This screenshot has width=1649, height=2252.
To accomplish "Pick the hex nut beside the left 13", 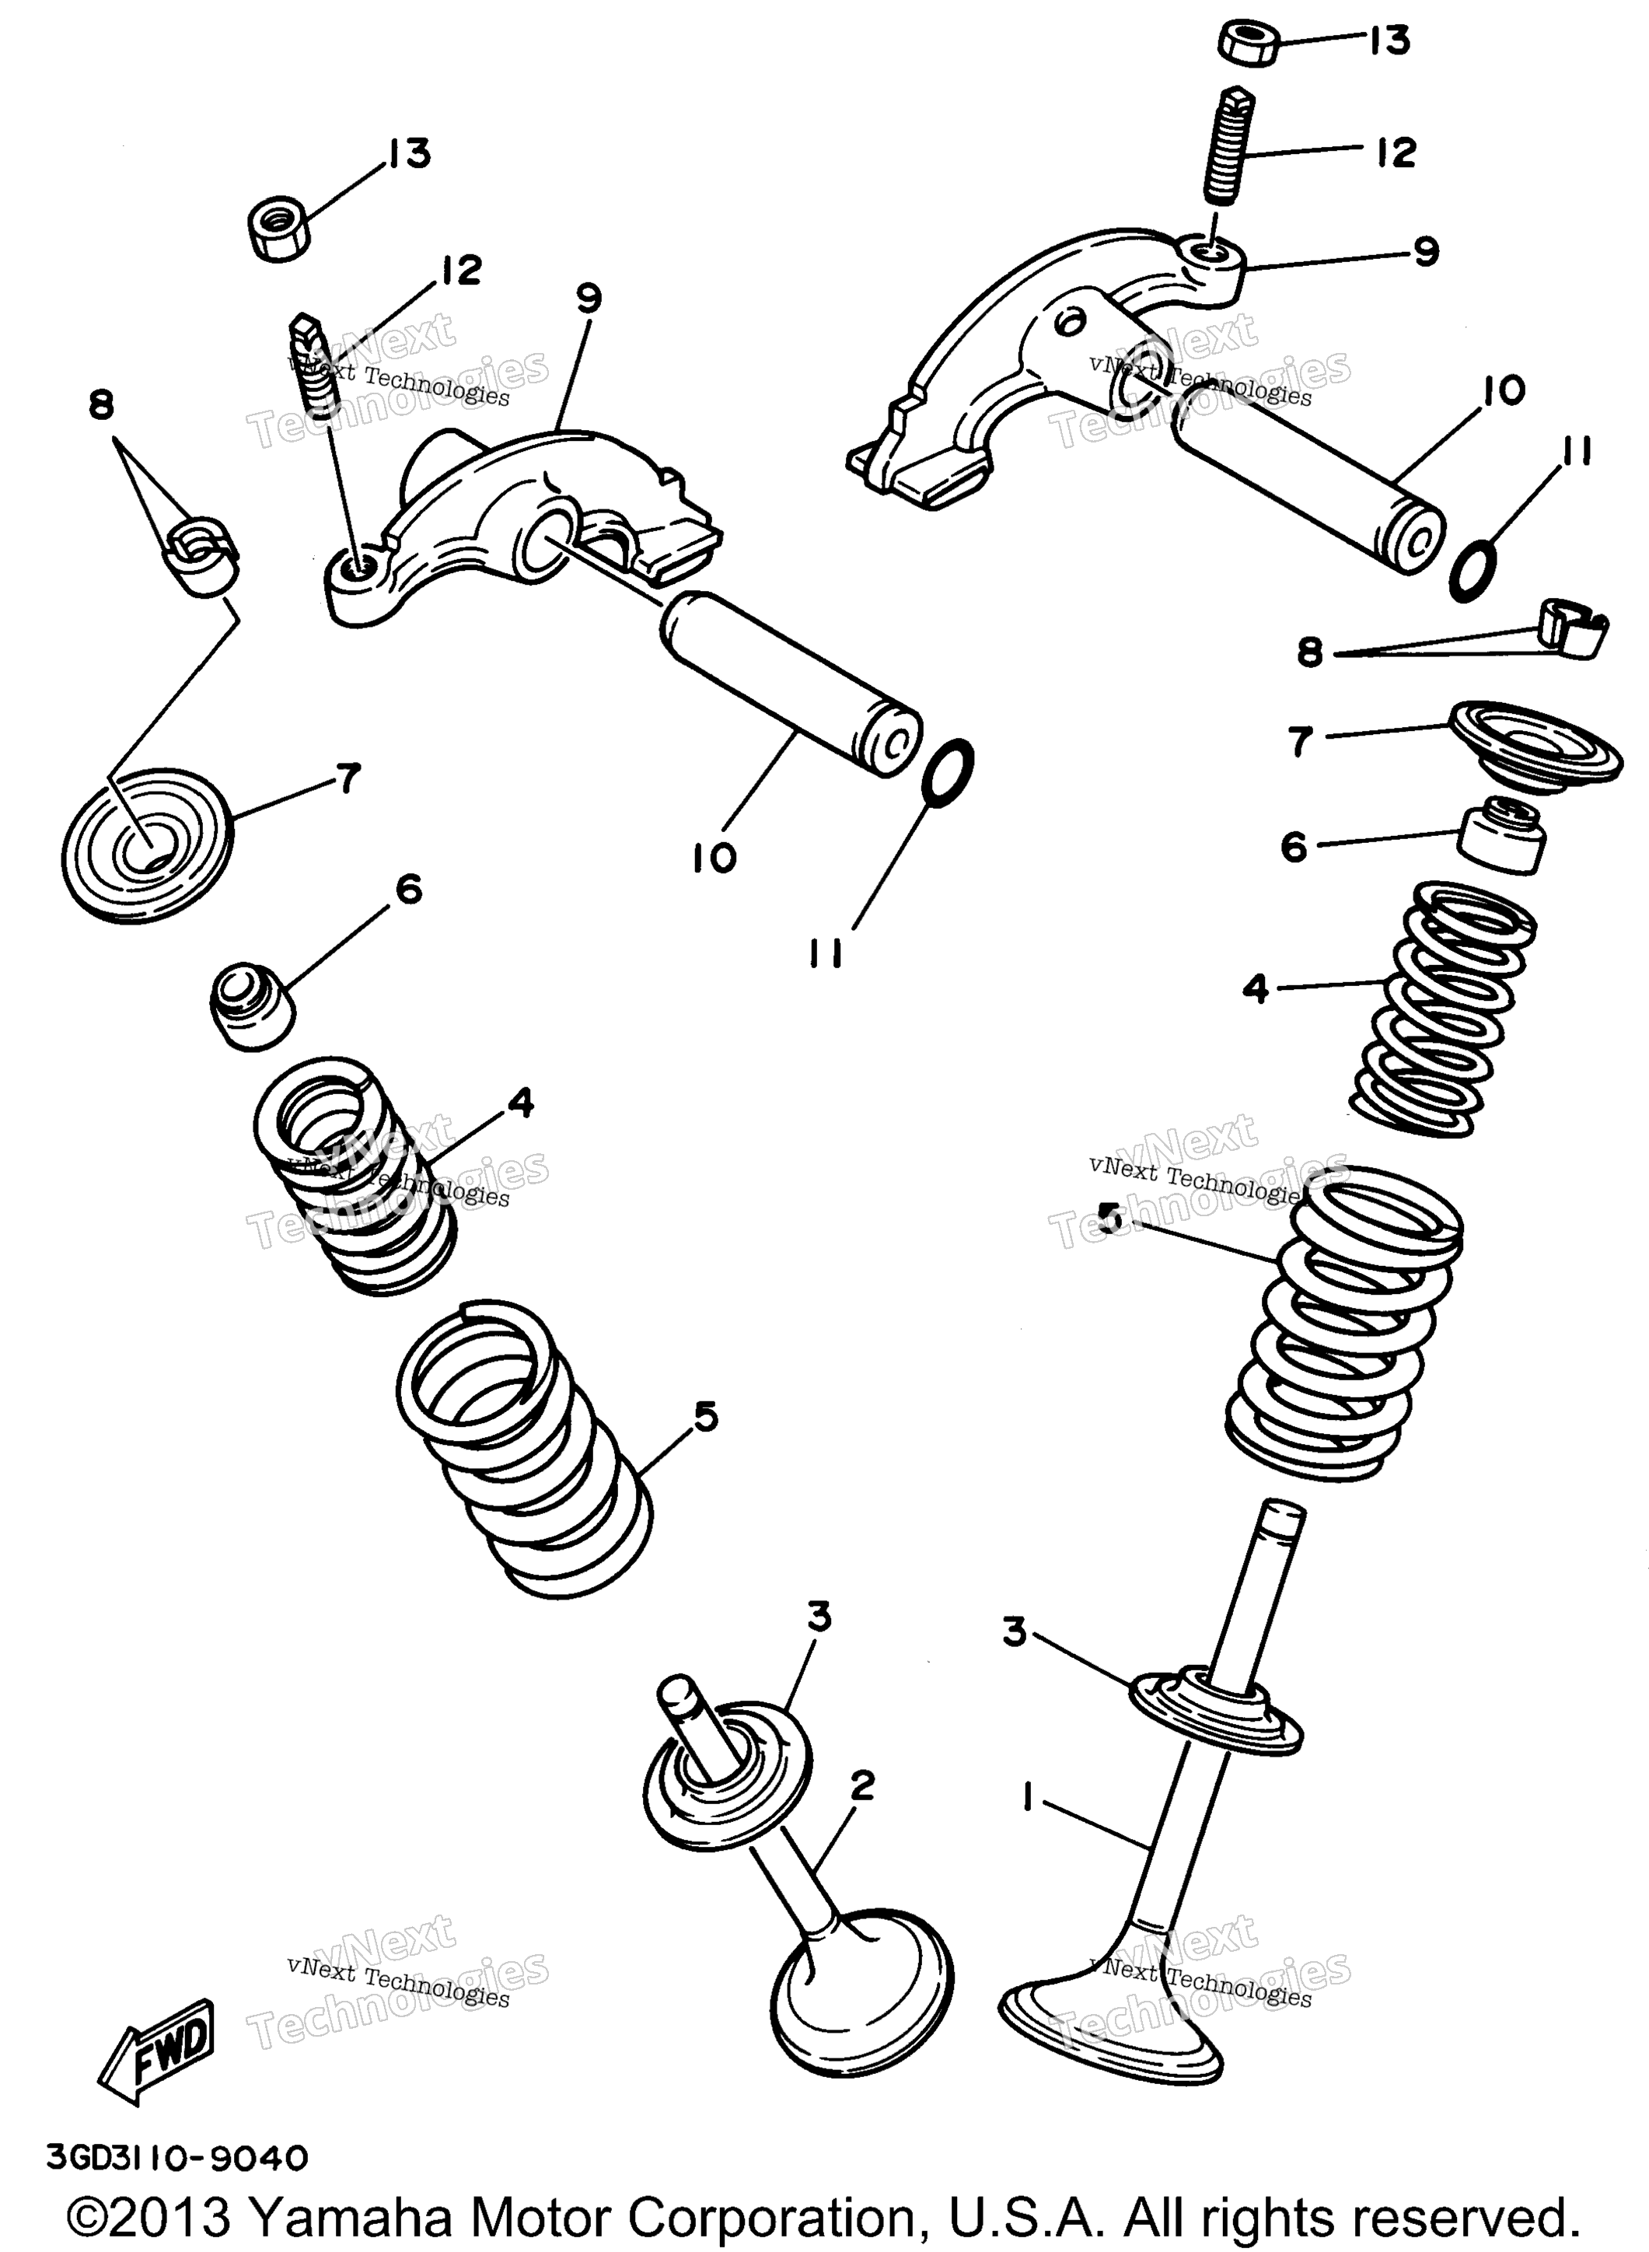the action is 278,229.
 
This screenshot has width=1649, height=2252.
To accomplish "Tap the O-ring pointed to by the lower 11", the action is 947,771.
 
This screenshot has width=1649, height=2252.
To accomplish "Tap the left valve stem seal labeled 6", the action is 253,1005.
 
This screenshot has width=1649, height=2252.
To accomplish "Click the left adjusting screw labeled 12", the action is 313,365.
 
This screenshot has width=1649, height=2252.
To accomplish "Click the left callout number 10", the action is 714,858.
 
